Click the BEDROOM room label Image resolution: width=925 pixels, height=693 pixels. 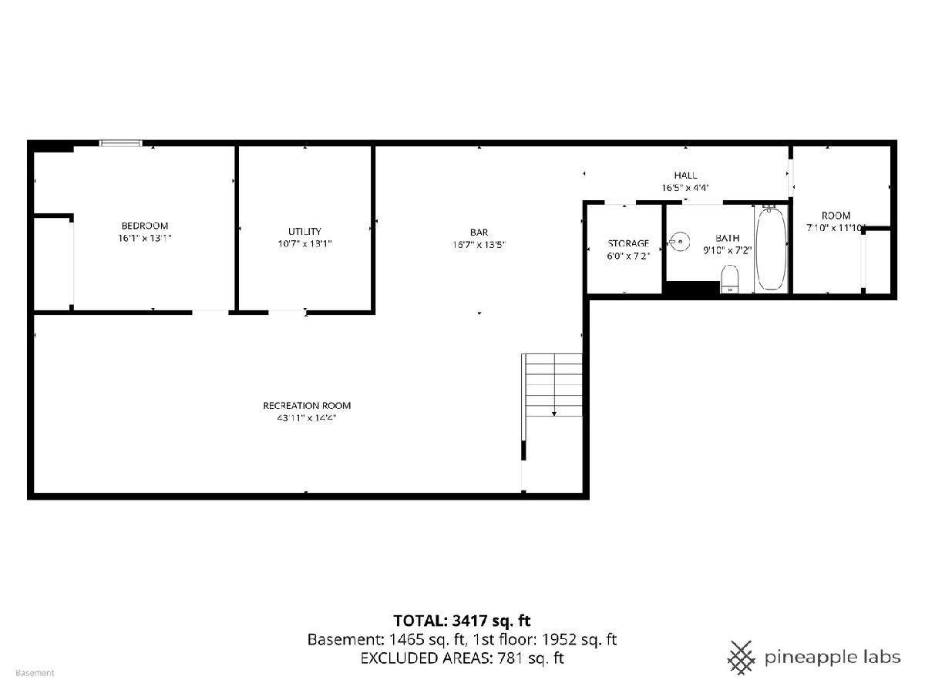145,226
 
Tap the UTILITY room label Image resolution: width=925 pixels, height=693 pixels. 304,232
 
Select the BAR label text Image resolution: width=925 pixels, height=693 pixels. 479,233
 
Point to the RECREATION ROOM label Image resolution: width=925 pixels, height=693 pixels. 307,406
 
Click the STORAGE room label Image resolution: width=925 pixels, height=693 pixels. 628,243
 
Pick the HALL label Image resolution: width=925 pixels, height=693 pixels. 685,176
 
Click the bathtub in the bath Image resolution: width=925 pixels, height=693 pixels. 771,248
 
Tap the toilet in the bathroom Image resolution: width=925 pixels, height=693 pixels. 730,279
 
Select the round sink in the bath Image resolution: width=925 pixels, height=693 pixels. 679,242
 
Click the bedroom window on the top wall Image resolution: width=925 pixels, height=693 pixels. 120,143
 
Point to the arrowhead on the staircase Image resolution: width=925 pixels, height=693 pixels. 553,414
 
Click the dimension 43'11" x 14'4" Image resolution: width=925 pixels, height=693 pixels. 306,418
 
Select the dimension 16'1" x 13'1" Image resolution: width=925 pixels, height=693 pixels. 145,238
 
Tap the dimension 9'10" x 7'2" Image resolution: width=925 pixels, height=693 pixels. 727,251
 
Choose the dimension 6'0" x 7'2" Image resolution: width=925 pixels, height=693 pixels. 628,256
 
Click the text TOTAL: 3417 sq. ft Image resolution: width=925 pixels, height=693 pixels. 462,621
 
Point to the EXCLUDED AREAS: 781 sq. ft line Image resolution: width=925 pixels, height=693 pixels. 462,658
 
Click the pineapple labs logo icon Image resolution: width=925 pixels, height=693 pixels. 741,658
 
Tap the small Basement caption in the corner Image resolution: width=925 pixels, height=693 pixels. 35,673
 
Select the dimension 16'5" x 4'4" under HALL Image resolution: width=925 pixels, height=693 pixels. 685,188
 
